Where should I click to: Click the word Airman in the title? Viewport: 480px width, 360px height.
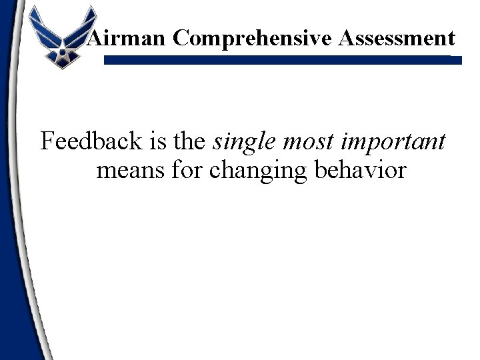(127, 38)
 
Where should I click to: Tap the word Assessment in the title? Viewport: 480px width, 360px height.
(397, 38)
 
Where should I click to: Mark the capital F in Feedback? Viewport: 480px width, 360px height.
(47, 141)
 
